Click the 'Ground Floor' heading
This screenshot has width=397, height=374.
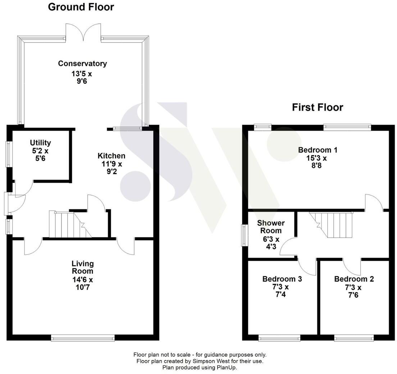81,7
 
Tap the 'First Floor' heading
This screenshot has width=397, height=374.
317,107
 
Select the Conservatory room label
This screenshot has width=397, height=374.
82,64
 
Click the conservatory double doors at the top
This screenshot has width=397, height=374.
83,32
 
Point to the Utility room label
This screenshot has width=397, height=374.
40,143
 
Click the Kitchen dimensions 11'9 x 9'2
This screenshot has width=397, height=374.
111,168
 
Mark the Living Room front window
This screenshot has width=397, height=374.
83,338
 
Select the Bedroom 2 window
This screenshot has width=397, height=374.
354,338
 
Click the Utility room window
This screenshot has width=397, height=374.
8,154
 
